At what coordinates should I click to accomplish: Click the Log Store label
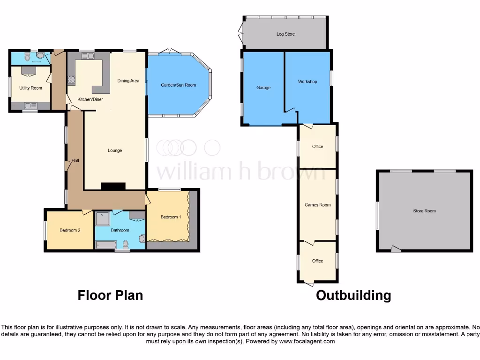285,34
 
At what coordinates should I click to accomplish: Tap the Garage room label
263,88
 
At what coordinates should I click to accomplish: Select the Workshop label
307,82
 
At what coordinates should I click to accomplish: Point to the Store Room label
424,211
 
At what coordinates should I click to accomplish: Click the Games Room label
317,205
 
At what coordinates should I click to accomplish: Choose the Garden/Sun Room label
178,85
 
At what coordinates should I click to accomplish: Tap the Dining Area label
128,81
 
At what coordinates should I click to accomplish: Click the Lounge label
115,150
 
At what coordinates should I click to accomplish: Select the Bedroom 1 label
170,217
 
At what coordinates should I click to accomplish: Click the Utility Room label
30,88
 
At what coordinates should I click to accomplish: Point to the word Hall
75,161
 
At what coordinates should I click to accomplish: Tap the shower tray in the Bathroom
102,219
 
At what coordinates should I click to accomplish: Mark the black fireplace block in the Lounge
113,186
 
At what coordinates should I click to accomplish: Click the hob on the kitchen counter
71,80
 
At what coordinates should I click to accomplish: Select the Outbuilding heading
353,295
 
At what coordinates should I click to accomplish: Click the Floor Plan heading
110,295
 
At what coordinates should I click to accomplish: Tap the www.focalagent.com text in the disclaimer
307,342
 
